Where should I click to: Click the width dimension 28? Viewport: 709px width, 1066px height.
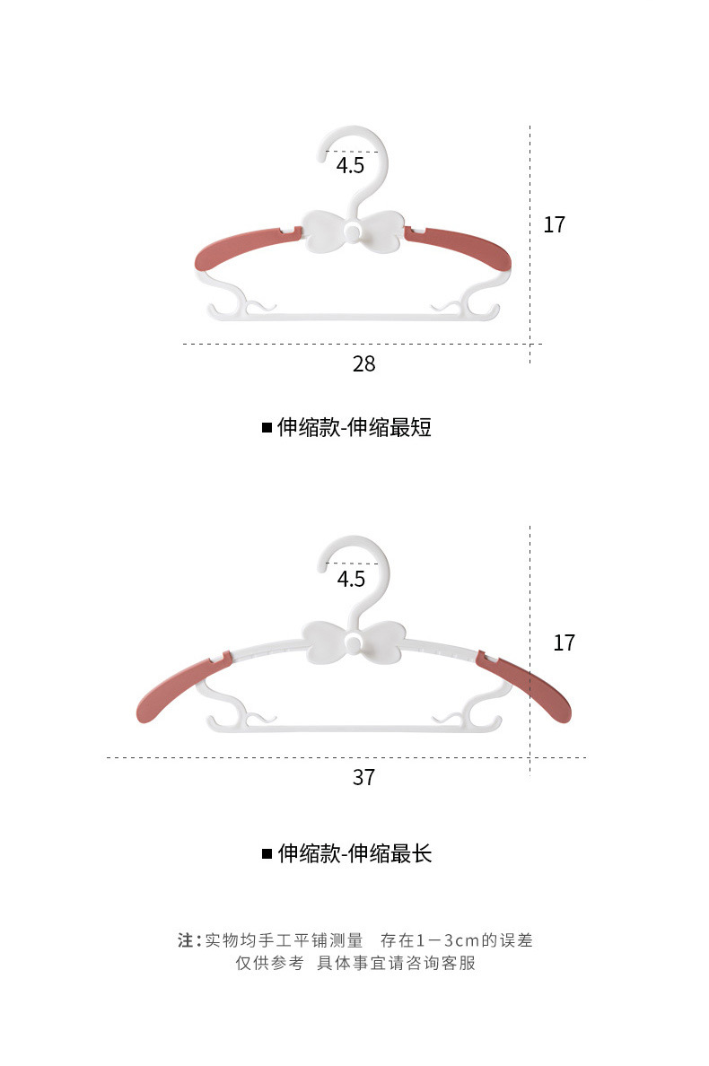[363, 363]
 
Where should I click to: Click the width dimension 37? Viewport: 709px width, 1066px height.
[363, 776]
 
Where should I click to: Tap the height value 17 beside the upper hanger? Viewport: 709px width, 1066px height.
[555, 224]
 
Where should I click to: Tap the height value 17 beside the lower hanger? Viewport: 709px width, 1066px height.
[564, 642]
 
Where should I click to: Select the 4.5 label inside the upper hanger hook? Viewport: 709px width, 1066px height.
[351, 166]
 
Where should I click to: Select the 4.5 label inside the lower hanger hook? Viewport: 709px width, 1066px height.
[351, 579]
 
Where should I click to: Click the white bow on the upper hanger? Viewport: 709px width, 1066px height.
[353, 232]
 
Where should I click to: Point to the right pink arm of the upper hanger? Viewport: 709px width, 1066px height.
[462, 247]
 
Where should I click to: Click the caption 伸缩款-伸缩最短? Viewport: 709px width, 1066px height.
[354, 427]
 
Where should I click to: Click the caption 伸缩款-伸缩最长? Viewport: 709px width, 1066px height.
[354, 853]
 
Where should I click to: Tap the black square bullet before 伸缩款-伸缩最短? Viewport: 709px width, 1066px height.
[267, 428]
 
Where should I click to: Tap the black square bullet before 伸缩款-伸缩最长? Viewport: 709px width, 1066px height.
[267, 853]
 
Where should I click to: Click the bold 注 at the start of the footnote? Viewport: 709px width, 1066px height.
[186, 940]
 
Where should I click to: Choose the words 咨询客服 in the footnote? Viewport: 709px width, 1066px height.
[442, 964]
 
